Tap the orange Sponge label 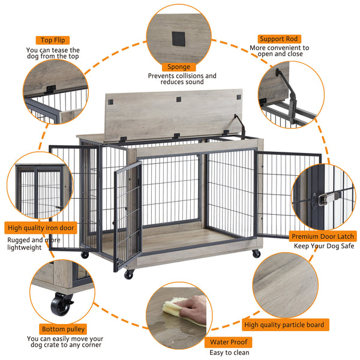(178, 67)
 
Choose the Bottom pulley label (63, 329)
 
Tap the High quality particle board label (284, 325)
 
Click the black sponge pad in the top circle (179, 38)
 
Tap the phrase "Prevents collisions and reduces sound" (182, 79)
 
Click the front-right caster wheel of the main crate (256, 254)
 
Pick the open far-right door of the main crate (287, 198)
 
